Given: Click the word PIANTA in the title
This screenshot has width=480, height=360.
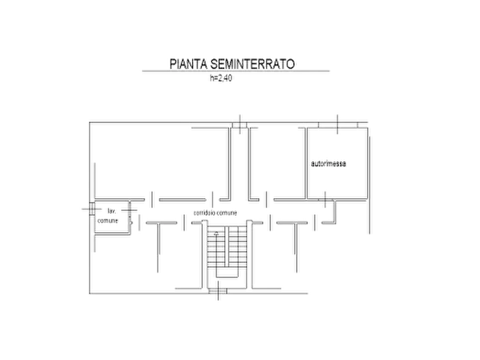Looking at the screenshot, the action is click(x=189, y=64).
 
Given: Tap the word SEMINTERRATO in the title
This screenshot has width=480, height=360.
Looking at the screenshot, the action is click(x=253, y=64).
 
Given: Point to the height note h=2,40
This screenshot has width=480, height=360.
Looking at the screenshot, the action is click(x=221, y=78).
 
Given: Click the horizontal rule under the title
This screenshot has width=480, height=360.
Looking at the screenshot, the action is click(x=236, y=71).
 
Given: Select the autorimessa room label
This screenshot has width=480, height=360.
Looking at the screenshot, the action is click(x=328, y=163).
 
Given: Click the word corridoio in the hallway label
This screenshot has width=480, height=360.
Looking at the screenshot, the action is click(x=204, y=212).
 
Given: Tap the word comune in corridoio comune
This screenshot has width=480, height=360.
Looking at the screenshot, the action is click(x=227, y=213).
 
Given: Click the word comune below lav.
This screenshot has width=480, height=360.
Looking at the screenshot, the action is click(x=108, y=220).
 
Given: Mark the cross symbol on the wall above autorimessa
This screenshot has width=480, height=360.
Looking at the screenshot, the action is click(x=338, y=124).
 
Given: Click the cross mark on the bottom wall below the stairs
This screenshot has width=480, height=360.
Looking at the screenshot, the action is click(x=218, y=291).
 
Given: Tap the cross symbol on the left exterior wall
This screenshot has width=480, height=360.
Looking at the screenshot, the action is click(x=91, y=209).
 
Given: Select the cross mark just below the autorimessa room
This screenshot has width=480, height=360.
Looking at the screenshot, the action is click(x=325, y=199).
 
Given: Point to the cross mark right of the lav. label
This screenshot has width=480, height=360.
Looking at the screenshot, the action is click(x=129, y=211).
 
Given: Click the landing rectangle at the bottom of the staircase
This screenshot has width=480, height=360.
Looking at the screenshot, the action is click(x=227, y=272).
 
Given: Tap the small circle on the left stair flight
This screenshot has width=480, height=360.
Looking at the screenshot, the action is click(x=217, y=234).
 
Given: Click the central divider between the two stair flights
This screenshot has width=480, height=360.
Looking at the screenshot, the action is click(x=227, y=247).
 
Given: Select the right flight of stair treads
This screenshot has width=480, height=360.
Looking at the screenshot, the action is click(x=238, y=247).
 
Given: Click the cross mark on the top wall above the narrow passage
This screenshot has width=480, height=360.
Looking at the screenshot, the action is click(x=240, y=124).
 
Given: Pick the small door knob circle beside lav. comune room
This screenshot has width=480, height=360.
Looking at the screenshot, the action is click(x=131, y=223).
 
